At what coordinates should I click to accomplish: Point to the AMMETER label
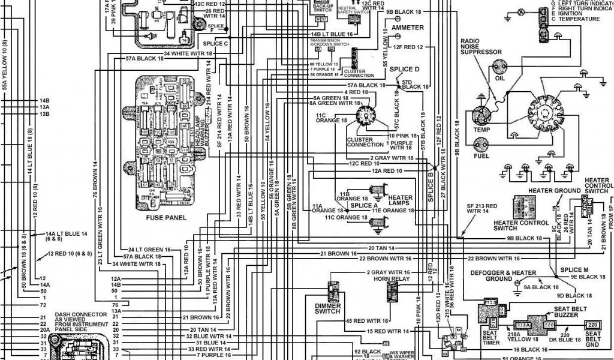(408, 28)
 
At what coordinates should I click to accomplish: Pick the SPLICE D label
(405, 69)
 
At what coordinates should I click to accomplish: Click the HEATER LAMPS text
(400, 201)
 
